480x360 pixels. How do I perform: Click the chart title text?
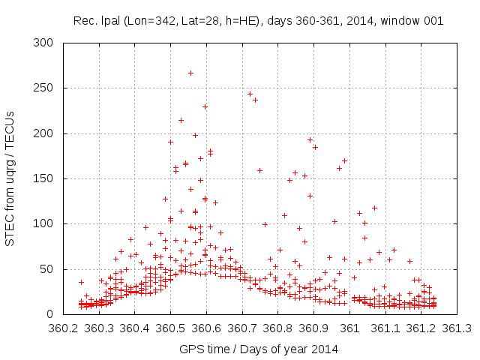pos(258,20)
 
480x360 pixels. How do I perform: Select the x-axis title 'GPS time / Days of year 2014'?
pos(258,349)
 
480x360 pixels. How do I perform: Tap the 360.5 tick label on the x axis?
pos(170,328)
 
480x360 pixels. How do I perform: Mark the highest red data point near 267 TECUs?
pos(190,73)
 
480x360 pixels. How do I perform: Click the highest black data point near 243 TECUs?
pos(250,94)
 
